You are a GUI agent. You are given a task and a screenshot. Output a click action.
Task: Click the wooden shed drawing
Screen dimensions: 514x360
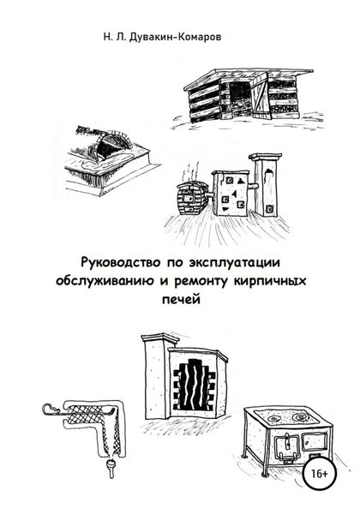[244, 95]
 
